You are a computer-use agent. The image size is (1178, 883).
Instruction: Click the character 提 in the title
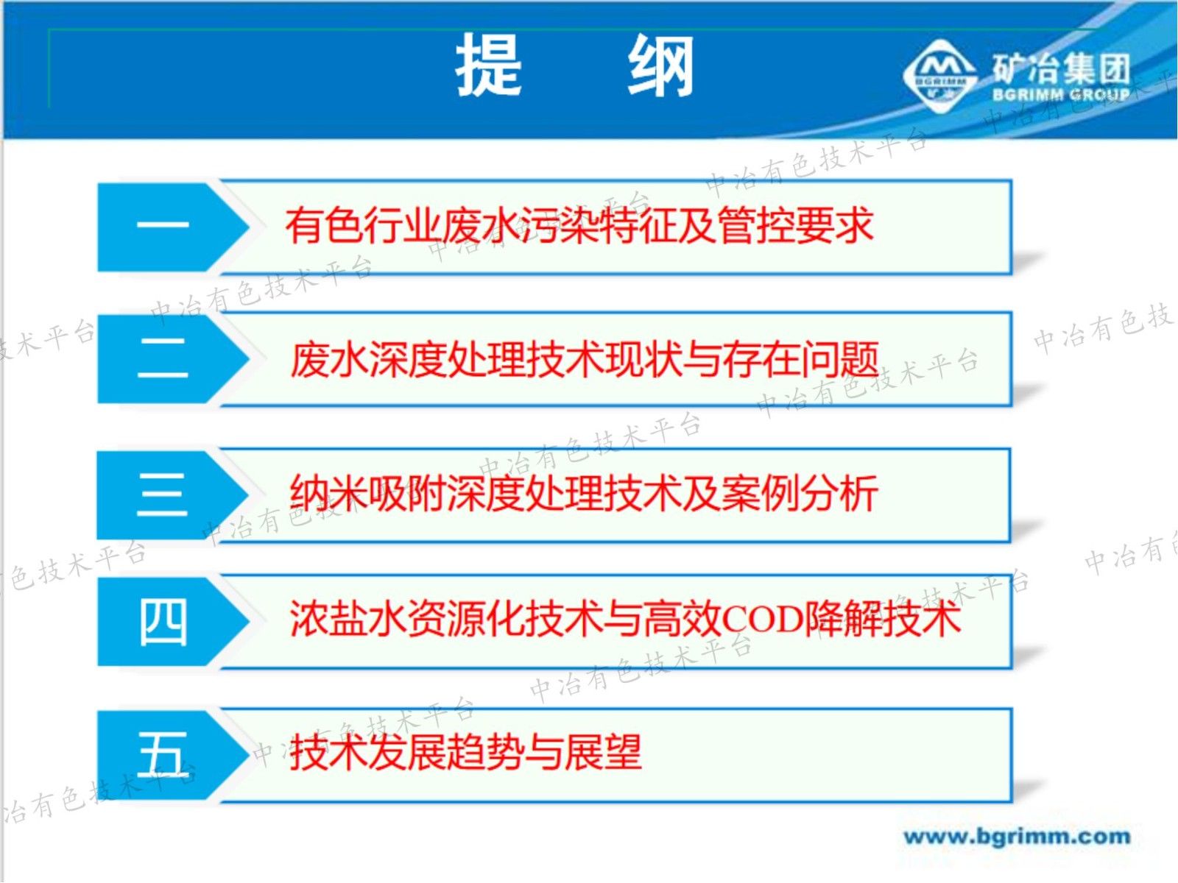click(489, 66)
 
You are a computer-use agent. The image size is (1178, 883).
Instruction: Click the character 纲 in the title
click(660, 66)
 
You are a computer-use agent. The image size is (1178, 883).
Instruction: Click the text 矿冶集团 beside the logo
click(1061, 68)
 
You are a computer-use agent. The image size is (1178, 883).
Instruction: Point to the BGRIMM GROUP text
click(1061, 95)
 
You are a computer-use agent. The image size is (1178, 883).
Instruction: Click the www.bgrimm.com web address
click(1017, 837)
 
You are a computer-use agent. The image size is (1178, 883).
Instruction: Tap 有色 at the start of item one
click(324, 226)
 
